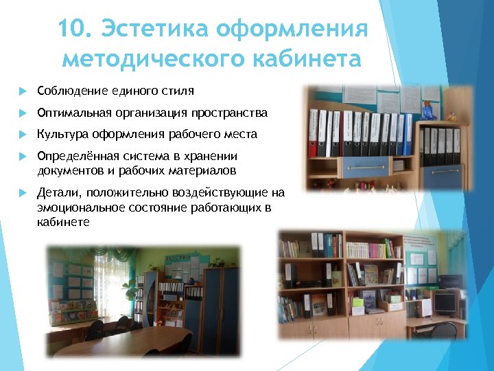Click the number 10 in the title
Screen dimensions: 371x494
[72, 30]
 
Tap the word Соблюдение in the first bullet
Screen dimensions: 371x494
[67, 91]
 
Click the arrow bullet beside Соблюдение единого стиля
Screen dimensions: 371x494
[22, 91]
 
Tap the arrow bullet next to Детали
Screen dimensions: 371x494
[22, 194]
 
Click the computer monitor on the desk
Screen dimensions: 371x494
[444, 303]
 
